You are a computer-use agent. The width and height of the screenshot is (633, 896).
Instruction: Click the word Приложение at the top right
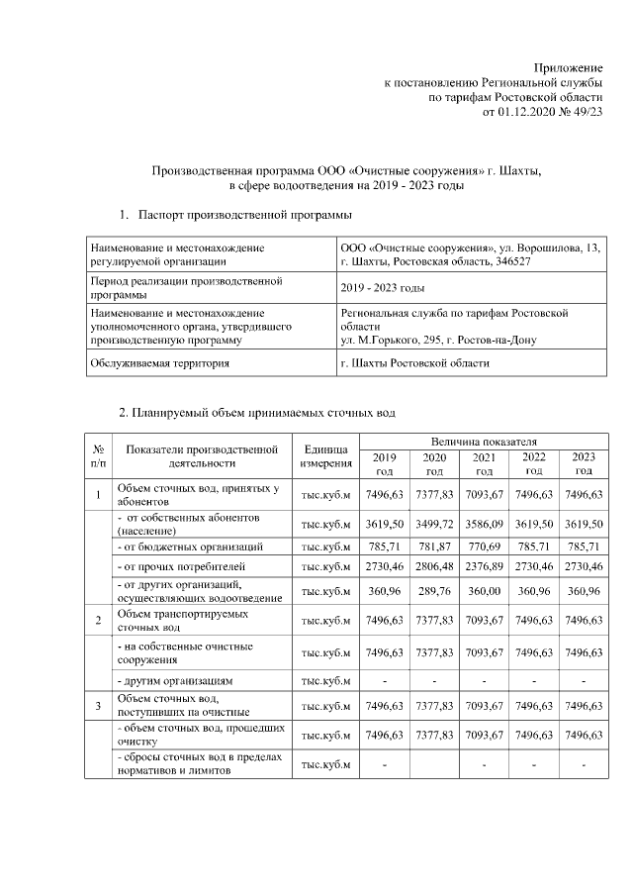[568, 65]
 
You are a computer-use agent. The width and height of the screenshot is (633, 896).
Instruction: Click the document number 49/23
[585, 113]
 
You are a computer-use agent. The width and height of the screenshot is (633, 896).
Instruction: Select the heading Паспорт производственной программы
[244, 214]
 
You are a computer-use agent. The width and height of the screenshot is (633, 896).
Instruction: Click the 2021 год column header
[484, 463]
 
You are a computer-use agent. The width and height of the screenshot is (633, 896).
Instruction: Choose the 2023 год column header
[584, 463]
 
